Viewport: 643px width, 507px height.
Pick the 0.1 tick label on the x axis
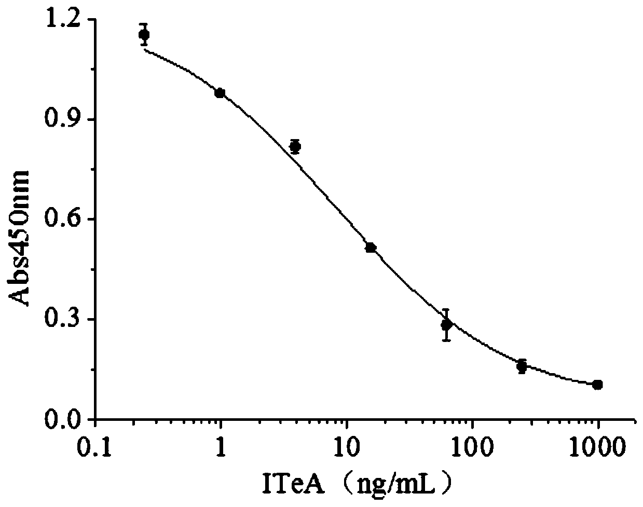point(96,446)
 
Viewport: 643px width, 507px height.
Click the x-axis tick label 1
point(222,446)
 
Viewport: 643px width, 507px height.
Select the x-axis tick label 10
point(347,446)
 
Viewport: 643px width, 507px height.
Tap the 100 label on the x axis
point(472,446)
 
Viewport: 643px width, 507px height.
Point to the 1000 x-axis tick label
point(598,446)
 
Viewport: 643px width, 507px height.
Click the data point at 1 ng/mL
point(220,93)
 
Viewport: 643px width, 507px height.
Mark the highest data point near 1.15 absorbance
point(144,35)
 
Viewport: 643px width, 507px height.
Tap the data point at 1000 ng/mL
point(597,385)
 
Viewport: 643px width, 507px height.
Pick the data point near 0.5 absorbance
point(371,248)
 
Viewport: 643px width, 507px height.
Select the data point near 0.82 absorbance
point(295,147)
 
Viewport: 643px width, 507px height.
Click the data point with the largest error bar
point(446,325)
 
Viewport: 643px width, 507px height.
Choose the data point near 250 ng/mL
point(522,366)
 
